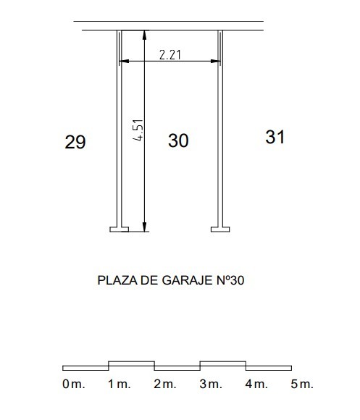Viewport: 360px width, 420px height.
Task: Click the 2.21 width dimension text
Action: pos(170,55)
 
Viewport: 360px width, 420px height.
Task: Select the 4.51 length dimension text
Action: pos(138,130)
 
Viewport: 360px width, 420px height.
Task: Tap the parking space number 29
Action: pos(75,142)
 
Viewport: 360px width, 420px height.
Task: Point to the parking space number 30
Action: pos(178,140)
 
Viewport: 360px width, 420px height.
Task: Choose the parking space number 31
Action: pos(275,137)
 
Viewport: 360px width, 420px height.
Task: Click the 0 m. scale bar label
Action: pos(74,384)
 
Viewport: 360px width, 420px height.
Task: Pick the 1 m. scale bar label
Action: pos(120,384)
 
